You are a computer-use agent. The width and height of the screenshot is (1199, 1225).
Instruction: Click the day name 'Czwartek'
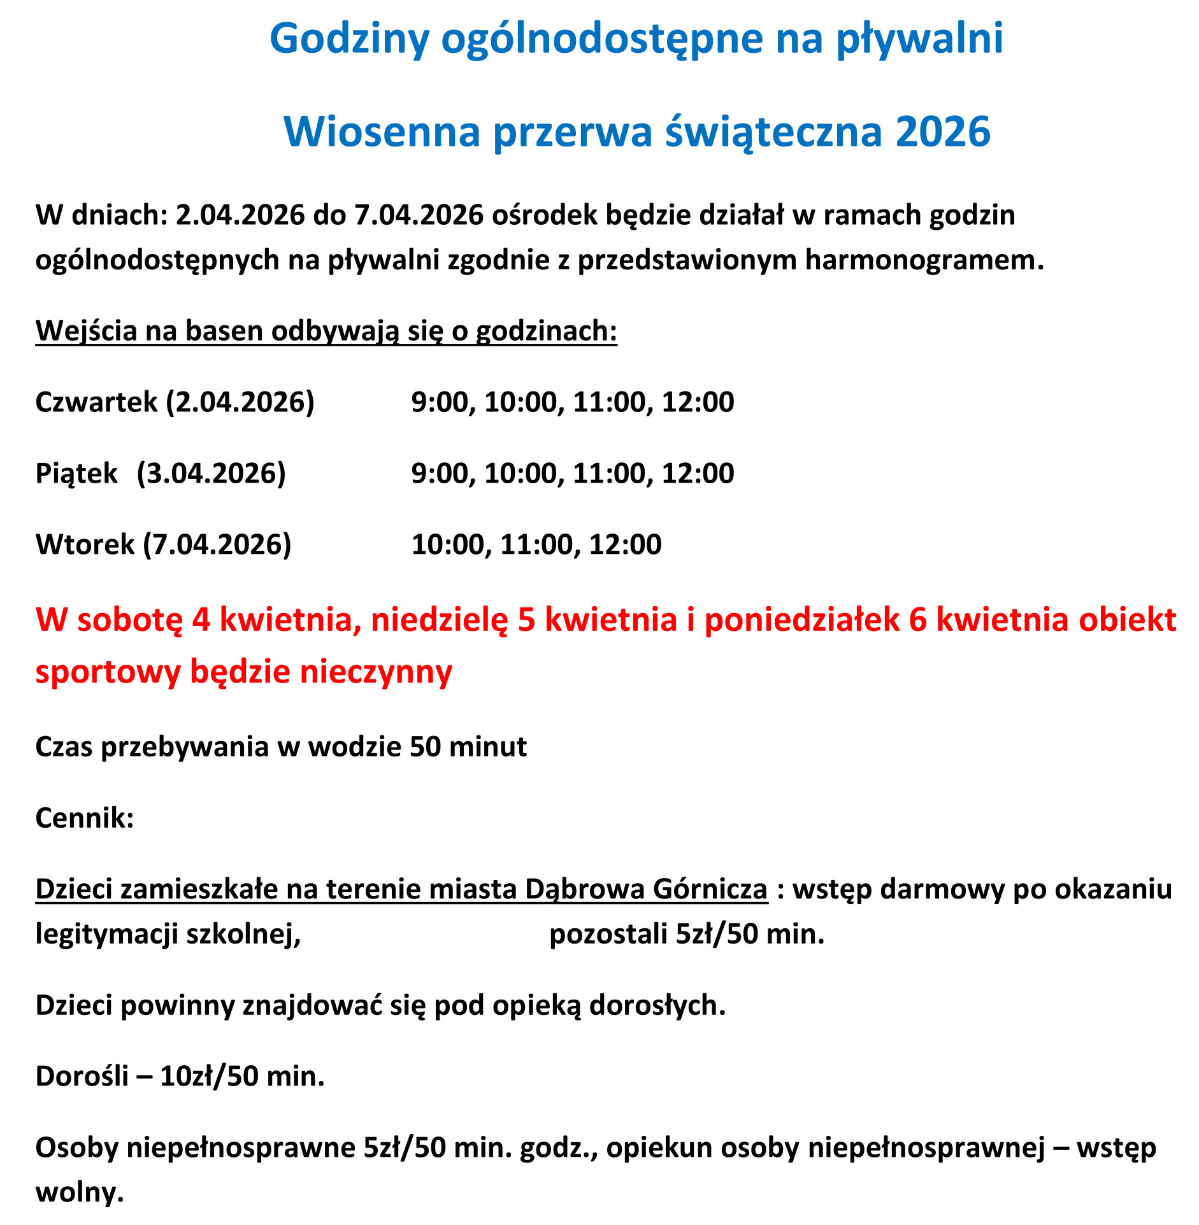click(x=96, y=402)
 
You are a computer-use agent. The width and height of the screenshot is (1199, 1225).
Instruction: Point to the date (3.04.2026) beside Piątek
click(x=212, y=474)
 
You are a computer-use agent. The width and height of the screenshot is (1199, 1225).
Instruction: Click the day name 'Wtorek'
click(x=85, y=545)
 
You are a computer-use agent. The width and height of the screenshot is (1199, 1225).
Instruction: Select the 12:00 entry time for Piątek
click(x=698, y=474)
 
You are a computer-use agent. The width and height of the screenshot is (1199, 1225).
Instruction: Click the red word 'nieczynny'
click(x=376, y=672)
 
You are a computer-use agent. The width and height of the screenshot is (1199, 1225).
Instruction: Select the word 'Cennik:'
click(x=84, y=818)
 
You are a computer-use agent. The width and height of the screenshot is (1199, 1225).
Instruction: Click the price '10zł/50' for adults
click(x=209, y=1077)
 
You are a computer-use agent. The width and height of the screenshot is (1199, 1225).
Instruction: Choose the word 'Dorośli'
click(x=82, y=1077)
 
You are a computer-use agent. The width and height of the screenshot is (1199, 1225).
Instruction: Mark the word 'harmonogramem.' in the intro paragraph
click(x=924, y=260)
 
